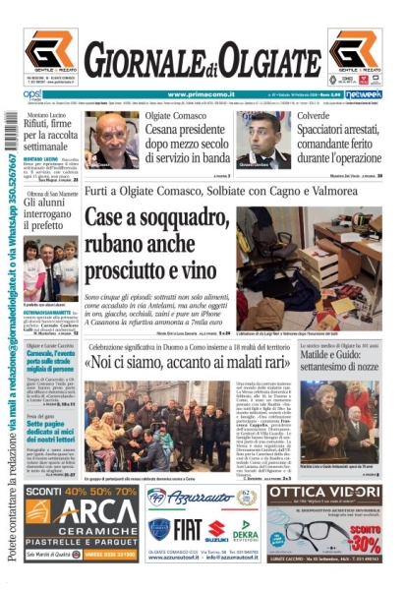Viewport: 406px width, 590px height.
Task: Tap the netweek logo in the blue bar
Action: tap(363, 94)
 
